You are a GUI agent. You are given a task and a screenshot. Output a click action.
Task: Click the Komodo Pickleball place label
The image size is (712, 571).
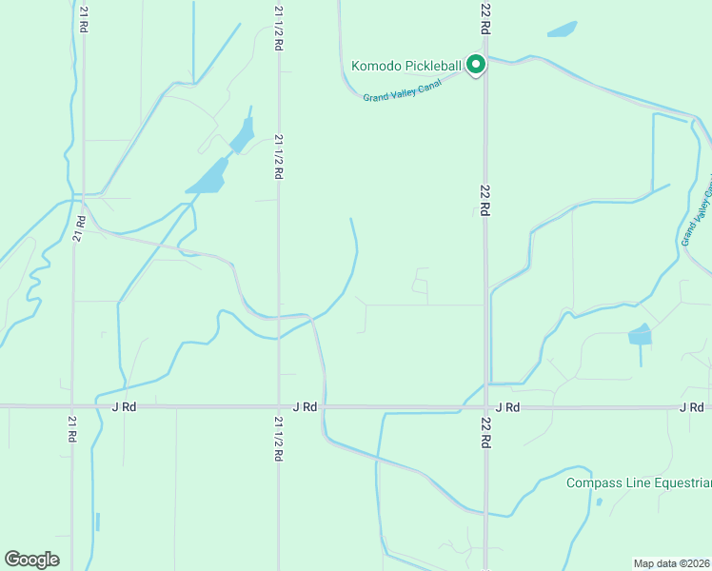pos(406,66)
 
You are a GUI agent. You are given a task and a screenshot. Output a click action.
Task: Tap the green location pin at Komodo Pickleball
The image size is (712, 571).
pos(476,64)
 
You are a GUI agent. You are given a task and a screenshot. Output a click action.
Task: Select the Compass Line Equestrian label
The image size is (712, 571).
pos(638,482)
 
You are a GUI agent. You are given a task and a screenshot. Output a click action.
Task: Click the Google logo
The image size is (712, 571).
pos(31,559)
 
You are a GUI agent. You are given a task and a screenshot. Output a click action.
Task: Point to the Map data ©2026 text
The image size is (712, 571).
pos(672,562)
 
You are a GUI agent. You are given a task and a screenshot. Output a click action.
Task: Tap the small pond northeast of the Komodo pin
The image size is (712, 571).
pos(563,30)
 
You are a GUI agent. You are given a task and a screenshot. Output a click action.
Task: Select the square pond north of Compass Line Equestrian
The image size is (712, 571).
pos(640,334)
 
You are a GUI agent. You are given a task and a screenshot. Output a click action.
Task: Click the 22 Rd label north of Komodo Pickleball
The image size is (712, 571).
pos(485,19)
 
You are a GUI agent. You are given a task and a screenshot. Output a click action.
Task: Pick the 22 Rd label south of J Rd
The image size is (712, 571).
pos(485,432)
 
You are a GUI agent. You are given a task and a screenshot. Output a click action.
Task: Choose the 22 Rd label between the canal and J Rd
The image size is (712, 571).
pos(485,201)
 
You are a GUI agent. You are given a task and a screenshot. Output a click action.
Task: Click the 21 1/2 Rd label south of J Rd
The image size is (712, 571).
pos(279,439)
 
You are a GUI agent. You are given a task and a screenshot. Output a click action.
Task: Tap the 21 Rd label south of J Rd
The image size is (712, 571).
pos(72,429)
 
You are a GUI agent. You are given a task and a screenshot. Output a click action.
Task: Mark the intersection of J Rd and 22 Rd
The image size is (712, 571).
pos(485,406)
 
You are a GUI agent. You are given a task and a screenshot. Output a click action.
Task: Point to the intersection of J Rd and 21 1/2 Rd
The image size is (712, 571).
pos(279,406)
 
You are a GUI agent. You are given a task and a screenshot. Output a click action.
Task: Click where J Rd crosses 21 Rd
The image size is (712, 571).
pos(73,406)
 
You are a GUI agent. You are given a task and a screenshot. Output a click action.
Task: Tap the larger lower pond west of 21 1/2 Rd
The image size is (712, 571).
pos(208,176)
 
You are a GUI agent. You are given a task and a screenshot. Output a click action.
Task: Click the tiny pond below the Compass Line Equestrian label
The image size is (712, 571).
pos(599,502)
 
